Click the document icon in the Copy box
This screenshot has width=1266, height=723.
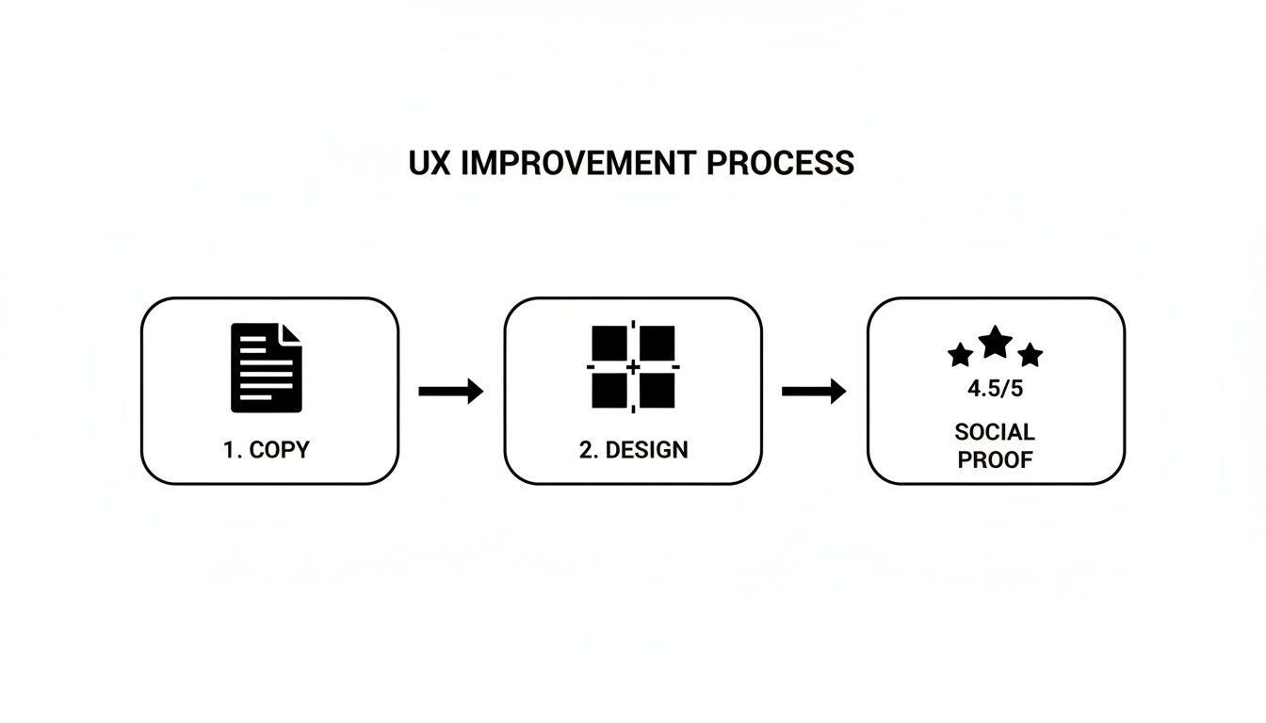(x=267, y=367)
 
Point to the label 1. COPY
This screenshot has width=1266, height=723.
(x=267, y=450)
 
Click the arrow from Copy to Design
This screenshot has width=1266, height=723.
(x=450, y=391)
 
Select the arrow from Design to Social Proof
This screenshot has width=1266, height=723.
(x=814, y=391)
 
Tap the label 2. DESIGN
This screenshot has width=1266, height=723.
(x=633, y=450)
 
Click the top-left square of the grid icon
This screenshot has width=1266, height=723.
(x=609, y=343)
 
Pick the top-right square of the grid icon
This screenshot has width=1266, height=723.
(x=657, y=343)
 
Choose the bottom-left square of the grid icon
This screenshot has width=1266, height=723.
(x=609, y=391)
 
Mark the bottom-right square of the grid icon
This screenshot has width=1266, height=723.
(x=657, y=391)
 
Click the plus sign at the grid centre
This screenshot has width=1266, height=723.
(x=633, y=366)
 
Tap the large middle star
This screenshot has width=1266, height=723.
(x=996, y=342)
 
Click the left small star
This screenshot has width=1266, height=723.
(x=960, y=355)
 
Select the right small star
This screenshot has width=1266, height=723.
(x=1031, y=355)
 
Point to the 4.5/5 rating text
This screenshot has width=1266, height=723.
(x=995, y=388)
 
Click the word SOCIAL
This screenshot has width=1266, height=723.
(x=995, y=432)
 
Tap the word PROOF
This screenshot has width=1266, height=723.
(x=995, y=460)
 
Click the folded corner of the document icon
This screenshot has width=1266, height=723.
(x=293, y=333)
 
